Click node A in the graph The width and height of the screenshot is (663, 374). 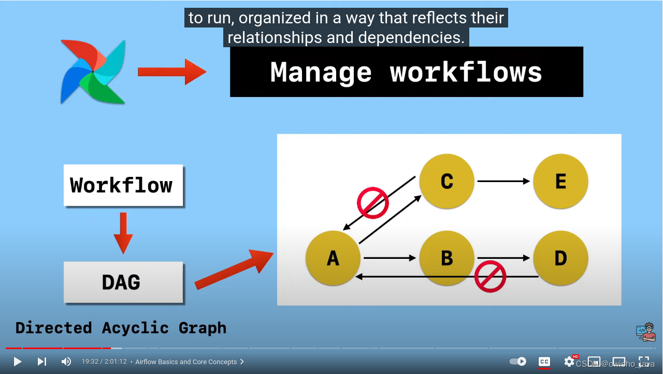pyautogui.click(x=333, y=258)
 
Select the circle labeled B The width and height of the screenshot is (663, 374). pyautogui.click(x=446, y=258)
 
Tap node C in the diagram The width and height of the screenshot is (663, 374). pyautogui.click(x=446, y=181)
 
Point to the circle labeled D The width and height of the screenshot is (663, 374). pyautogui.click(x=560, y=258)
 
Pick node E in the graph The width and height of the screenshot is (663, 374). pyautogui.click(x=560, y=181)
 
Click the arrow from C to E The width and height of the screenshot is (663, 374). pyautogui.click(x=503, y=181)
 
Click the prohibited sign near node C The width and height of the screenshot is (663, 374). pyautogui.click(x=373, y=203)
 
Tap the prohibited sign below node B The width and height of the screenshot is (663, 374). pyautogui.click(x=490, y=276)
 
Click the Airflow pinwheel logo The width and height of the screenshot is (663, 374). pyautogui.click(x=93, y=72)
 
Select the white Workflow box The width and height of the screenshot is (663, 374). pyautogui.click(x=123, y=185)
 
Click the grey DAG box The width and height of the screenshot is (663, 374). pyautogui.click(x=123, y=282)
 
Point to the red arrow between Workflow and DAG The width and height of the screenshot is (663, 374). pyautogui.click(x=123, y=232)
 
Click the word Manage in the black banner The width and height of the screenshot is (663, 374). pyautogui.click(x=321, y=72)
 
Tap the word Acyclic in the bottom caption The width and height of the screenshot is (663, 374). pyautogui.click(x=135, y=328)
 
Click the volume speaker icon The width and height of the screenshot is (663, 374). pyautogui.click(x=66, y=362)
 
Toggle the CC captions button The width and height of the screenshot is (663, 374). pyautogui.click(x=544, y=362)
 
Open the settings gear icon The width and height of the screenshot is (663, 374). pyautogui.click(x=569, y=361)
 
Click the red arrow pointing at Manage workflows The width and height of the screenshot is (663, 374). pyautogui.click(x=171, y=72)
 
